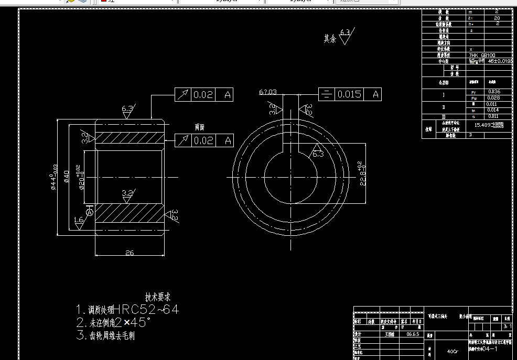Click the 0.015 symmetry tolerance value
[x=349, y=94]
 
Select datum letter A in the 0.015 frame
[x=375, y=94]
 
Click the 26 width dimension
[x=130, y=253]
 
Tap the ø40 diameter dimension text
[x=67, y=177]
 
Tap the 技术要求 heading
[x=158, y=297]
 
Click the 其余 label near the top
[x=329, y=38]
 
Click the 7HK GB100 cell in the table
[x=482, y=55]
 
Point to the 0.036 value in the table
[x=493, y=92]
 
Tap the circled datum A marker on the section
[x=90, y=213]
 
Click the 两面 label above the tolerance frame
[x=199, y=127]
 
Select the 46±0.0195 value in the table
[x=500, y=61]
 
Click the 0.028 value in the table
[x=493, y=98]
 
